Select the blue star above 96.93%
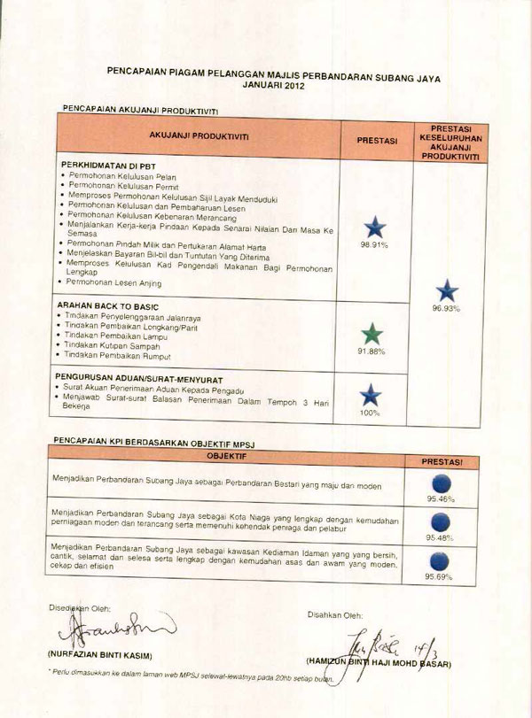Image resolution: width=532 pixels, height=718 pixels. point(448,290)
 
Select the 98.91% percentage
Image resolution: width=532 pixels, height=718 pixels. point(373,244)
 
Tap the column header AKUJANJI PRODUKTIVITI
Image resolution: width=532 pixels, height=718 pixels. point(199,137)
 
